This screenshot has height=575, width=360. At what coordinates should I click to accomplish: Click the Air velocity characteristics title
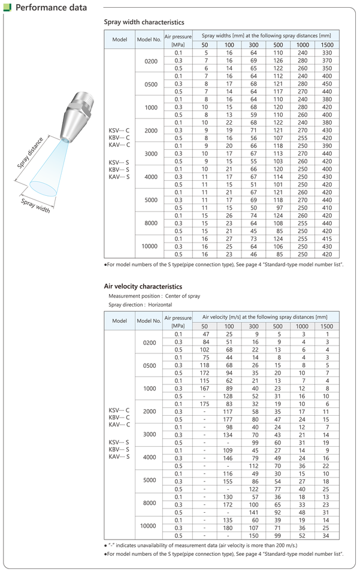143,287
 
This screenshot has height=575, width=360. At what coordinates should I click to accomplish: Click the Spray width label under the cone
36,205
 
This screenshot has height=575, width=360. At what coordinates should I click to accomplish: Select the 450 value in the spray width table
326,83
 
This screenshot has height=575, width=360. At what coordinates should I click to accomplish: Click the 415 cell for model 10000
326,239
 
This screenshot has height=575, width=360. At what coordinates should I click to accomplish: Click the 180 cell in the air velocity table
229,528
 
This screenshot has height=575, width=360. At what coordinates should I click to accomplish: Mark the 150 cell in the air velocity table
254,536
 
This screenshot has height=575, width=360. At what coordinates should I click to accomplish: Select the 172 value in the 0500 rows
205,373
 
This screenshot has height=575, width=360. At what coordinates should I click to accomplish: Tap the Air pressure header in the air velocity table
178,322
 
